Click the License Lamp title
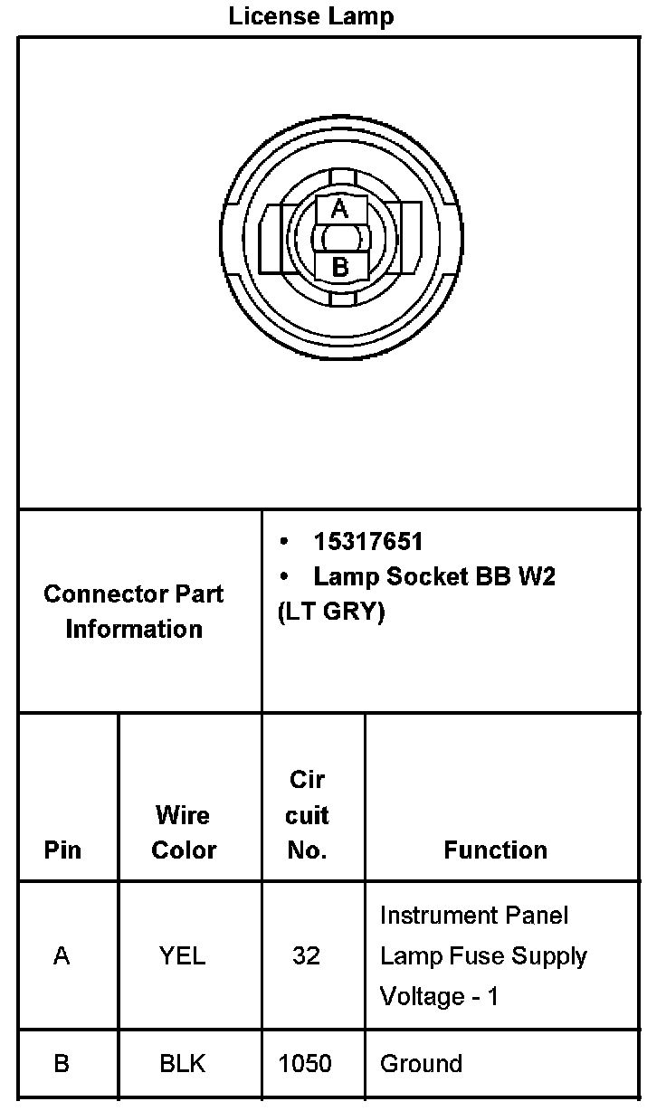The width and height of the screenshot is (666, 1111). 310,15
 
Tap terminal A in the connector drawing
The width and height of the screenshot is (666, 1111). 339,209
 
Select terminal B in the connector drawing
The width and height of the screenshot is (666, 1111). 340,267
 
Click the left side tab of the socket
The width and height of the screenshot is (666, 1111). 271,238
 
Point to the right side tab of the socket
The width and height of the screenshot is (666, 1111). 410,238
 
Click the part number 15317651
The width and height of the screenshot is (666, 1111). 367,541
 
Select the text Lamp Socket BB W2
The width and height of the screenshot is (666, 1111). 433,576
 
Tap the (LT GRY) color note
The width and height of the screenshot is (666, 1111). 331,612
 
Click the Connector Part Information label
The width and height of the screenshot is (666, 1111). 133,611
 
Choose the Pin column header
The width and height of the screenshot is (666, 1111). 62,850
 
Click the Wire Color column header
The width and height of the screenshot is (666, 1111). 184,832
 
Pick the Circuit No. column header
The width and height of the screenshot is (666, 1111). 307,814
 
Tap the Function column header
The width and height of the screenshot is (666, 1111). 495,850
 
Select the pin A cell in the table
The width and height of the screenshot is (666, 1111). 62,955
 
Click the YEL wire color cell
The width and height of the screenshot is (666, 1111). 182,955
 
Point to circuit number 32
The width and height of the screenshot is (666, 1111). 306,955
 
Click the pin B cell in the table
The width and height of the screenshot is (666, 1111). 62,1063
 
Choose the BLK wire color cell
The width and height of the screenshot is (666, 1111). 182,1063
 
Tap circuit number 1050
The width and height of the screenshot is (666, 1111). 306,1063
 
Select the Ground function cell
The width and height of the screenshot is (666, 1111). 421,1063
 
